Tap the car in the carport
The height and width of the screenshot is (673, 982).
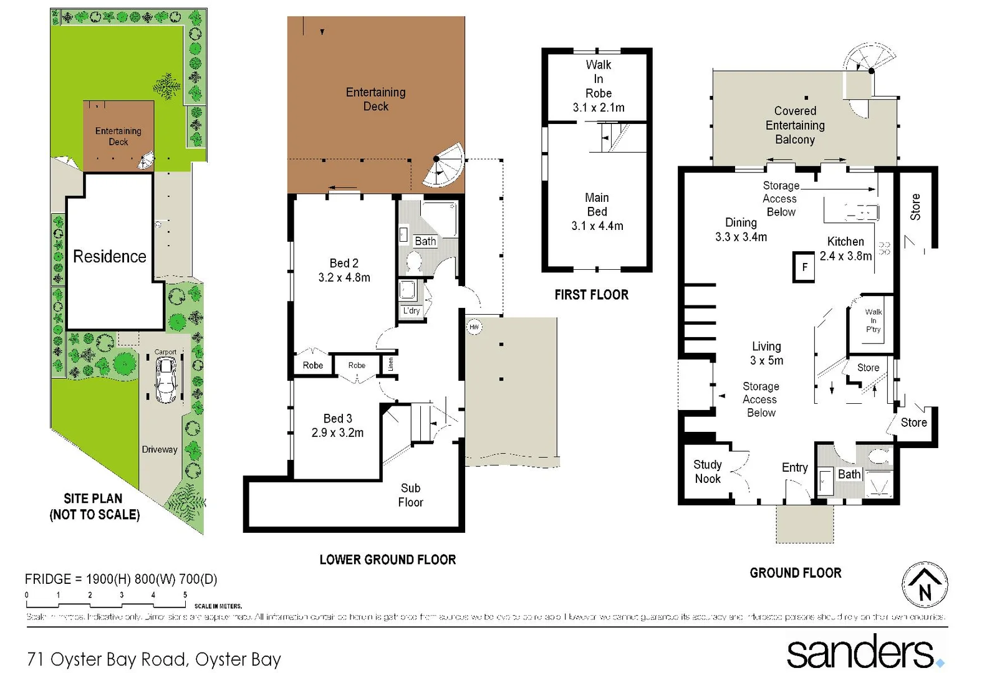coord(166,381)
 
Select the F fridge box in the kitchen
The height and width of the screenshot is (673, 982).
coord(804,267)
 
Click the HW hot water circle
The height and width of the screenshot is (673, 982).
coord(474,327)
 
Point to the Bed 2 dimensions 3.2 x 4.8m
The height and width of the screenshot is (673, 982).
coord(344,278)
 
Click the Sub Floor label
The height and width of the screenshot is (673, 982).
coord(410,495)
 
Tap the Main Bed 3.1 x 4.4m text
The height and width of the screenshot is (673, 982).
coord(597,212)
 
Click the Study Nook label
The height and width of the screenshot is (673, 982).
coord(708,472)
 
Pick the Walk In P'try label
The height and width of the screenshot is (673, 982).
coord(873,320)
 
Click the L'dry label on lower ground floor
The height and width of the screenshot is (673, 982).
coord(412,311)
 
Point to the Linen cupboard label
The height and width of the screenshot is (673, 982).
coord(390,364)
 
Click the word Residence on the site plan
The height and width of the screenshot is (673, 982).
coord(109,256)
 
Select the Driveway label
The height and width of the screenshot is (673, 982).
coord(159,449)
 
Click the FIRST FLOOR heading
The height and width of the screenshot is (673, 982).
coord(591,295)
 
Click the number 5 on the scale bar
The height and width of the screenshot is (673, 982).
coord(185,595)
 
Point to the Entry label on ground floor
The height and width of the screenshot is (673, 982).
coord(794,467)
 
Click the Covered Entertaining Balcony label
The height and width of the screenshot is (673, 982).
coord(795,125)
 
